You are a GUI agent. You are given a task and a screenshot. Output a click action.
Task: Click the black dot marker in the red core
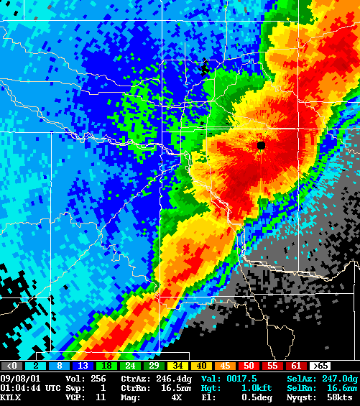click(261, 145)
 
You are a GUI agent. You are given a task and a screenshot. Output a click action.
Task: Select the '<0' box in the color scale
click(11, 366)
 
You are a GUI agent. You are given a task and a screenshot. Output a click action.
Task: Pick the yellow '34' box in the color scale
click(177, 366)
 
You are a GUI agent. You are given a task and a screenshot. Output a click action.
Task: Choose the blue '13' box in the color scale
click(83, 366)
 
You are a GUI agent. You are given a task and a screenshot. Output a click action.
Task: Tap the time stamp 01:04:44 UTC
click(30, 387)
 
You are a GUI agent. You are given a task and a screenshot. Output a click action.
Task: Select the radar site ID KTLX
click(11, 397)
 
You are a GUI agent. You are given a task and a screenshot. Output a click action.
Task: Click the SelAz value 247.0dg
click(341, 378)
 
